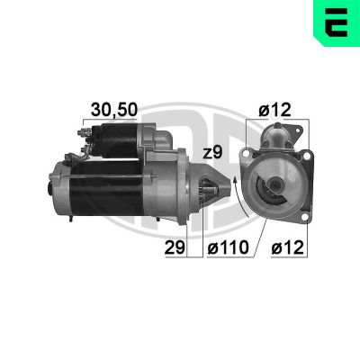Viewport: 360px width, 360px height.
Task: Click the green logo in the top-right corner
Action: click(x=335, y=23)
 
